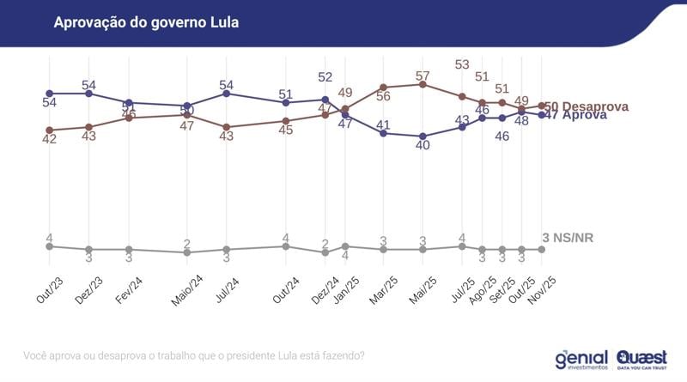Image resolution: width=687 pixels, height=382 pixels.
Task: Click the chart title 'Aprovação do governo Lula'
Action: (146, 21)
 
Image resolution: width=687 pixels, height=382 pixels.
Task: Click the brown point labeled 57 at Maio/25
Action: (423, 84)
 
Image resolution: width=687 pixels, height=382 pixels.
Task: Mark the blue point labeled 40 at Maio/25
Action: (423, 136)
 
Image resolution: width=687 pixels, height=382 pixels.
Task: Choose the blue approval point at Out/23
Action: (50, 93)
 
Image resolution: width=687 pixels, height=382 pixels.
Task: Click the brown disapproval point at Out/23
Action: (50, 130)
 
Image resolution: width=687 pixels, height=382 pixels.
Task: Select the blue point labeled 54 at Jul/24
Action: (226, 93)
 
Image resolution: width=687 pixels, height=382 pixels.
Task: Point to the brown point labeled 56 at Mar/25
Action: (383, 88)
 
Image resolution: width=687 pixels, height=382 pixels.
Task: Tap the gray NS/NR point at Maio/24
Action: (186, 252)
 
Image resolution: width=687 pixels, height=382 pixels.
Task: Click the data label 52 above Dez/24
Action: (325, 77)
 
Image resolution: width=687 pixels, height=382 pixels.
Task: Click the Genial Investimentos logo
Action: (581, 357)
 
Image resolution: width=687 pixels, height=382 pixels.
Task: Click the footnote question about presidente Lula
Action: (192, 355)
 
